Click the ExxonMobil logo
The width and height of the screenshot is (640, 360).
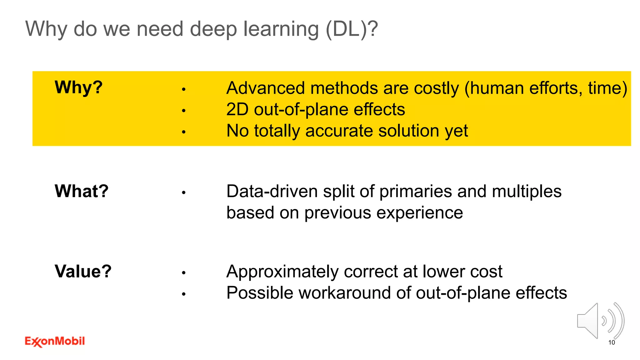[55, 341]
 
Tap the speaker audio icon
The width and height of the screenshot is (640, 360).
[600, 321]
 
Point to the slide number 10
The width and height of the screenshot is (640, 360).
[612, 342]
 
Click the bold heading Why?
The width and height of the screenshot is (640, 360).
[78, 87]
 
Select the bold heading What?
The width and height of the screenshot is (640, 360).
[81, 191]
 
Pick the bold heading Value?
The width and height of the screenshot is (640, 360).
[83, 271]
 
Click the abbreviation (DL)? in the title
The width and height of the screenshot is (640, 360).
[352, 29]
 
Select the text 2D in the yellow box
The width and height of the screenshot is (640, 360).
[237, 110]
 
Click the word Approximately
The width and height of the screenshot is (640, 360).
[282, 272]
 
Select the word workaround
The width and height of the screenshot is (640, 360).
[344, 293]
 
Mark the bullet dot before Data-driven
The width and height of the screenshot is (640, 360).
[184, 193]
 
